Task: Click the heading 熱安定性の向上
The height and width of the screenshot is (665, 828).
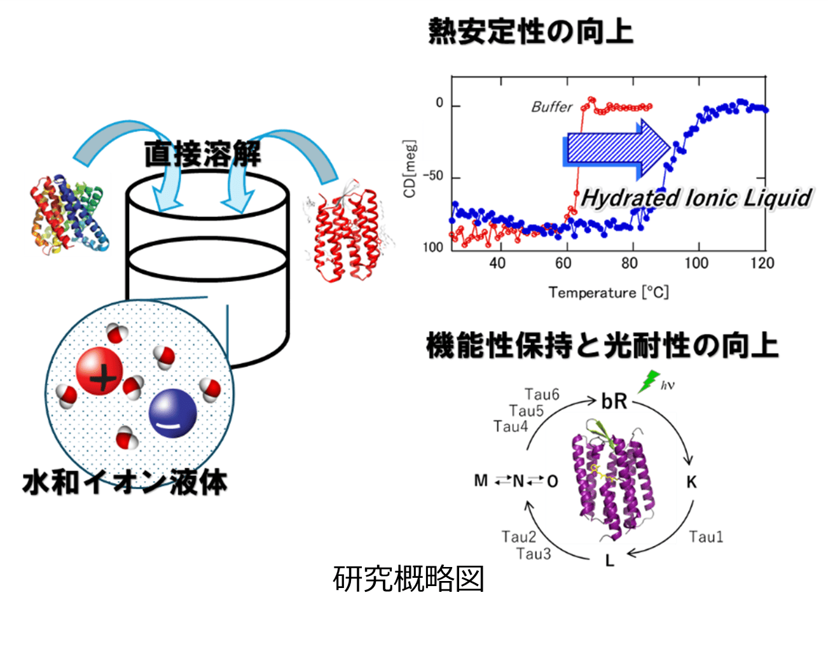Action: pos(530,32)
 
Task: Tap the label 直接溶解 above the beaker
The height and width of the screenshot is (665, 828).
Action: pos(202,153)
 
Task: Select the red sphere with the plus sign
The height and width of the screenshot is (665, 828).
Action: pos(99,372)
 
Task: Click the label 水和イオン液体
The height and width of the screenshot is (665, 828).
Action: pos(125,482)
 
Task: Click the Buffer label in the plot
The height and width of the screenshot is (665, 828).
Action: pos(551,107)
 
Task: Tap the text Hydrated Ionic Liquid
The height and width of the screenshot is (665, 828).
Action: pos(696,198)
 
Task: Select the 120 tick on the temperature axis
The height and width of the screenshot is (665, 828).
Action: pos(762,263)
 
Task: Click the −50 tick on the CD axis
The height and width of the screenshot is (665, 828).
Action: pos(433,176)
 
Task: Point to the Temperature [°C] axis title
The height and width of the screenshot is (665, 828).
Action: pos(609,293)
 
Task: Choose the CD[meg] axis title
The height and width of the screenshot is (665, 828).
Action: pos(410,169)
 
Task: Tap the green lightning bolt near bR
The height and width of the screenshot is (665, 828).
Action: pos(649,381)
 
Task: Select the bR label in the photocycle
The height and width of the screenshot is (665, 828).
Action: pos(614,402)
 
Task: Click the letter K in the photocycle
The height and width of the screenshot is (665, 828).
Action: pos(691,482)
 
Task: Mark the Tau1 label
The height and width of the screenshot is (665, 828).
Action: pos(706,537)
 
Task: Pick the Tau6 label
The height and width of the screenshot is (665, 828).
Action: pos(542,395)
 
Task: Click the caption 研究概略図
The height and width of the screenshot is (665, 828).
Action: pos(408,579)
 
